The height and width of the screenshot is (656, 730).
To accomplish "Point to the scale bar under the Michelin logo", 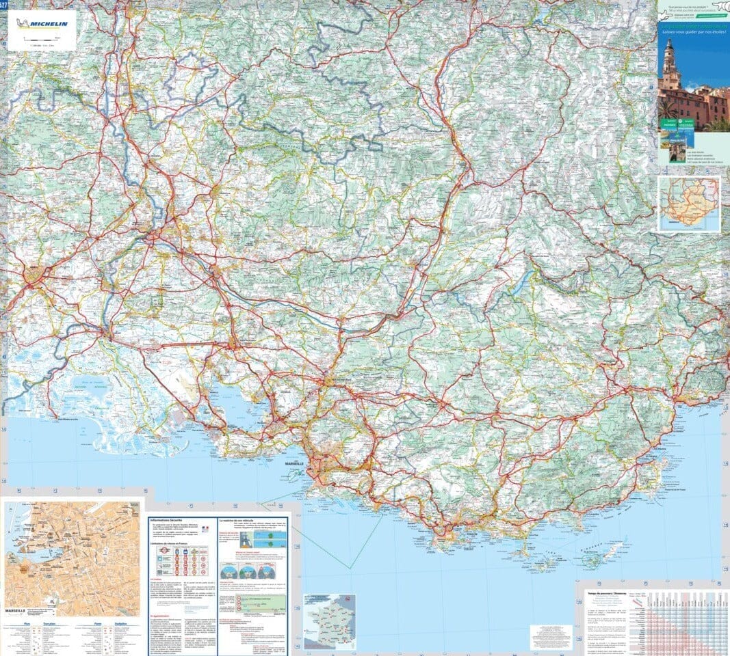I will coord(40,40).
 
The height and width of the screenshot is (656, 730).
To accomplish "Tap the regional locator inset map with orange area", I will coord(689,204).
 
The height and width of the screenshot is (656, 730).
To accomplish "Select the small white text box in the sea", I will coord(551,635).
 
